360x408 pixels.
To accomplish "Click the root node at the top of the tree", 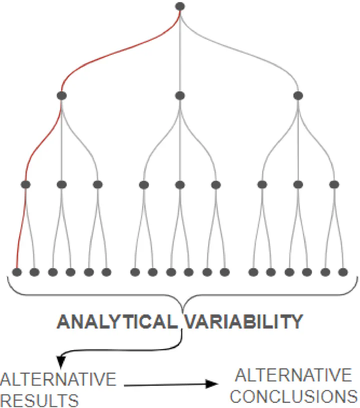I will (180, 6).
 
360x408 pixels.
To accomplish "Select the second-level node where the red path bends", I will (62, 95).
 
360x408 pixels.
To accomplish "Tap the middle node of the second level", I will (180, 95).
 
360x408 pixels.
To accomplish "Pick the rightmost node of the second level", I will (298, 95).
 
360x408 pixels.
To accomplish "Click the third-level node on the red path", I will (26, 184).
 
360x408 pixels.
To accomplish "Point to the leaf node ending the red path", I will (17, 272).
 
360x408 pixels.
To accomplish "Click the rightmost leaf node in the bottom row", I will (343, 272).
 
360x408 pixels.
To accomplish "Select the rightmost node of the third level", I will (334, 184).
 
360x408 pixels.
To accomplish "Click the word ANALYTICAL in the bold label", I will (117, 322).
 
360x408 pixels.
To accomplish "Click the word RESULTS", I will (39, 400).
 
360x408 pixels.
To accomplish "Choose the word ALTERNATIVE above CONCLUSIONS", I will (293, 375).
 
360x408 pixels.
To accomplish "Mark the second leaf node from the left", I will (34, 272).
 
